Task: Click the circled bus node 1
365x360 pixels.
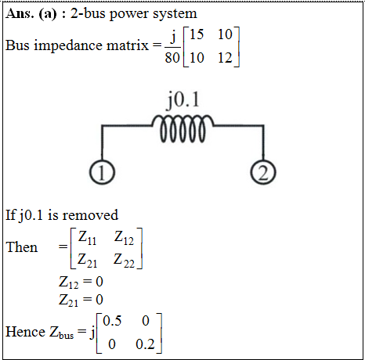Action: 102,172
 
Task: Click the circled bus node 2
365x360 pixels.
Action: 263,172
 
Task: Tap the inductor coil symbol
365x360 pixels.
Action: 182,128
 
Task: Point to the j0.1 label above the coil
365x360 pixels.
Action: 183,99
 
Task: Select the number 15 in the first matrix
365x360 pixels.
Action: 197,34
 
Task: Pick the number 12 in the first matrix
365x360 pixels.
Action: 225,58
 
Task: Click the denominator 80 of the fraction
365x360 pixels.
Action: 172,57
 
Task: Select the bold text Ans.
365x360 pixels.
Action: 20,13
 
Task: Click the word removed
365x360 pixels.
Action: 90,215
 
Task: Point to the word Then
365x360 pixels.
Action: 22,247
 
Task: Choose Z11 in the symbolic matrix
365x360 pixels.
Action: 87,238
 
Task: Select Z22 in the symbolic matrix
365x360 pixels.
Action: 124,261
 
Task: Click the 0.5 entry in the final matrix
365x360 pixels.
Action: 112,321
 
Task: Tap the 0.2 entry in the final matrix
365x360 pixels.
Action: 146,344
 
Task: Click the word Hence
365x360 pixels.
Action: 25,332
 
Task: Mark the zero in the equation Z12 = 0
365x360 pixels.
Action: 99,282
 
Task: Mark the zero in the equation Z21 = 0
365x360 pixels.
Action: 99,300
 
